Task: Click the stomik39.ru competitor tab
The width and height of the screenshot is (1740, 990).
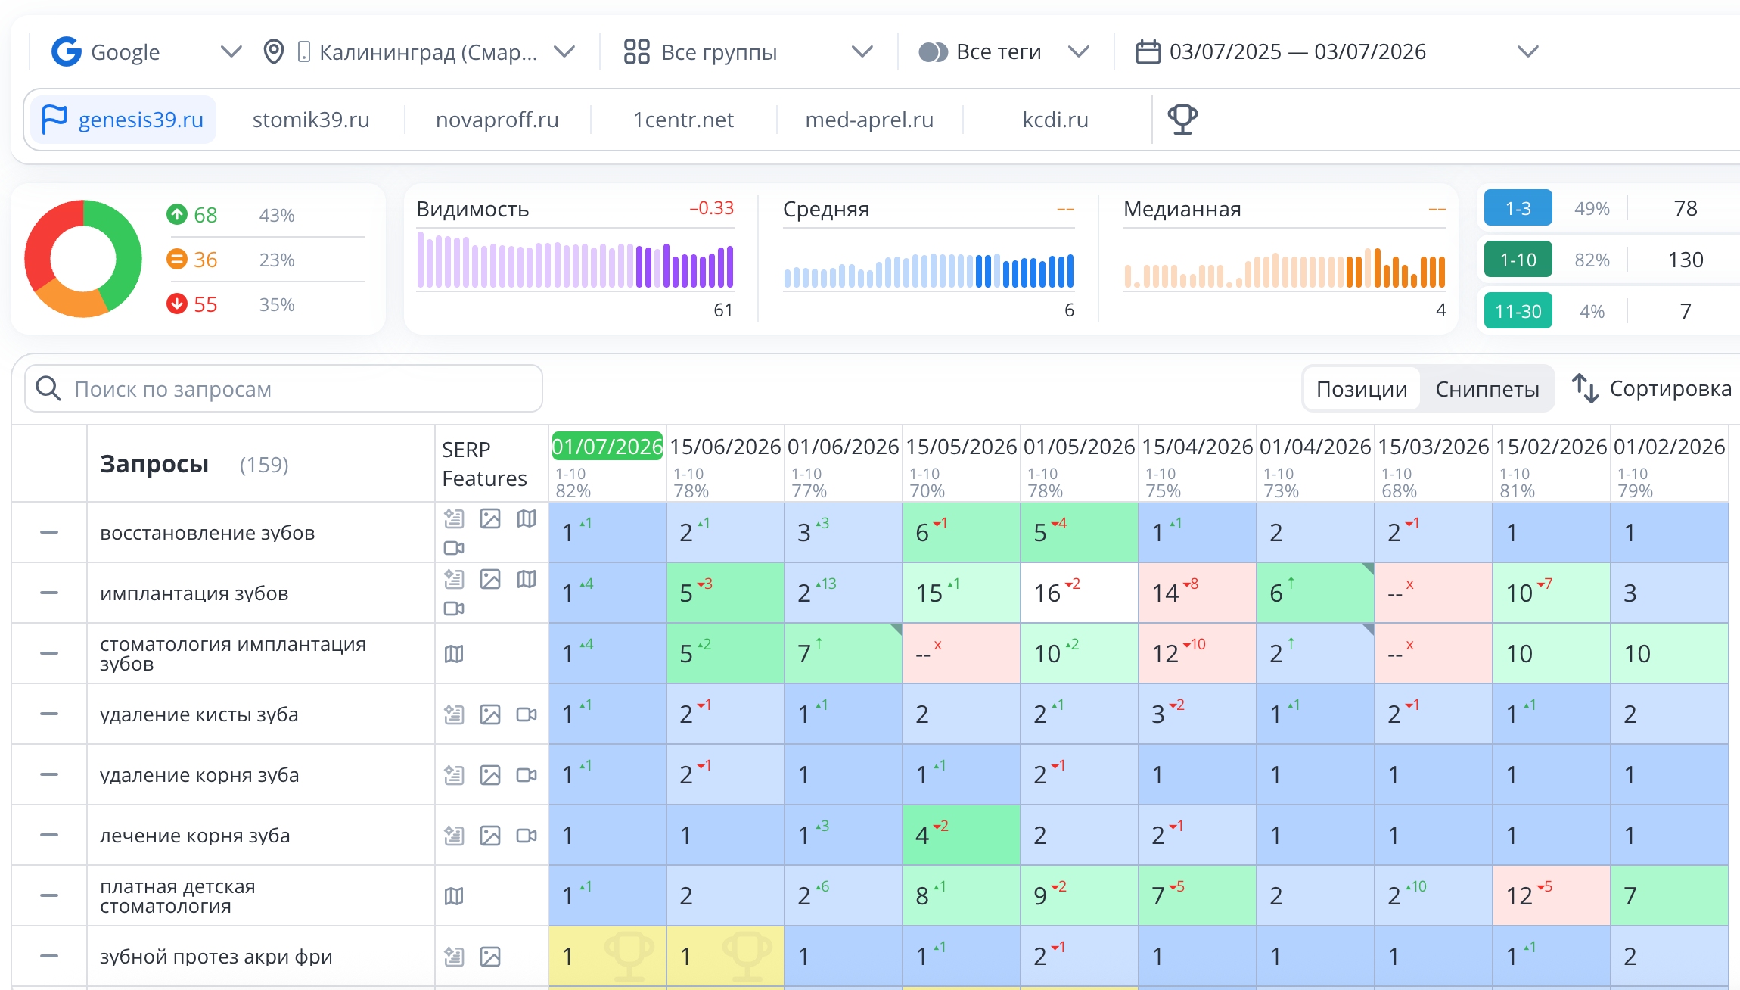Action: click(x=311, y=120)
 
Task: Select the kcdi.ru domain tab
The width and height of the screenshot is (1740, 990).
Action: click(x=1055, y=120)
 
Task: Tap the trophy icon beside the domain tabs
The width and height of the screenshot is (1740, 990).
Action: click(x=1182, y=120)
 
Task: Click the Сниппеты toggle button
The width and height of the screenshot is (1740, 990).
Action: click(x=1487, y=389)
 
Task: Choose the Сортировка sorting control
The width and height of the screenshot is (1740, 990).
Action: click(x=1652, y=388)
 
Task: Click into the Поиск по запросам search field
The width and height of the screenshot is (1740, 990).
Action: click(x=284, y=389)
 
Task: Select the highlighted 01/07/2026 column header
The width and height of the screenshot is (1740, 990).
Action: click(x=607, y=447)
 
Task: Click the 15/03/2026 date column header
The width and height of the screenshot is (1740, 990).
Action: click(x=1433, y=447)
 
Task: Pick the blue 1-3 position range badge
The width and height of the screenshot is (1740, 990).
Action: click(x=1518, y=208)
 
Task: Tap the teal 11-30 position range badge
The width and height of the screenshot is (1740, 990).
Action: click(x=1518, y=311)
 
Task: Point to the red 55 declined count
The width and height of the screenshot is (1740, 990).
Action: click(x=205, y=304)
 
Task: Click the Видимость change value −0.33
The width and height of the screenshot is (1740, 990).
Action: click(x=711, y=208)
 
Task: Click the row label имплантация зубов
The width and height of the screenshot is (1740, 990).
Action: click(x=194, y=593)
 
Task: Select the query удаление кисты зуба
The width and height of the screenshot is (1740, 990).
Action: click(x=199, y=714)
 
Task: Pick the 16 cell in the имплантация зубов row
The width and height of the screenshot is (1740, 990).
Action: click(x=1079, y=593)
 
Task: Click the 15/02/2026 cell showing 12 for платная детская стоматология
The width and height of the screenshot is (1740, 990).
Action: click(x=1551, y=895)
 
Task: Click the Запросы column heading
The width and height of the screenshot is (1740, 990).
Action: click(x=154, y=464)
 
